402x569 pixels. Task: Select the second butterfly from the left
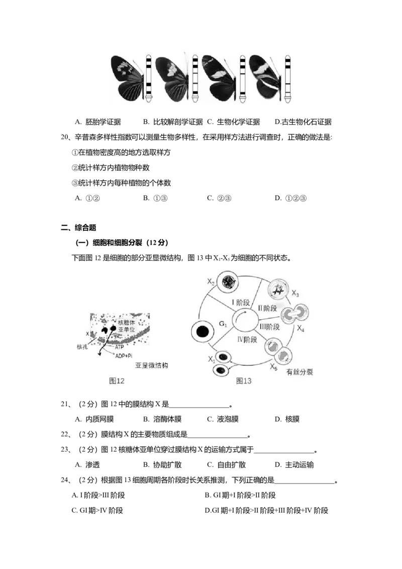[172, 78]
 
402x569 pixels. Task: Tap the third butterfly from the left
[219, 78]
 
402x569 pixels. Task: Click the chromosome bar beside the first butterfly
[149, 79]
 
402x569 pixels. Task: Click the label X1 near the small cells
[212, 359]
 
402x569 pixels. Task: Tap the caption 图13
[244, 381]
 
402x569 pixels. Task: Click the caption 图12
[117, 381]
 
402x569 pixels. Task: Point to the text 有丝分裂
[300, 372]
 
